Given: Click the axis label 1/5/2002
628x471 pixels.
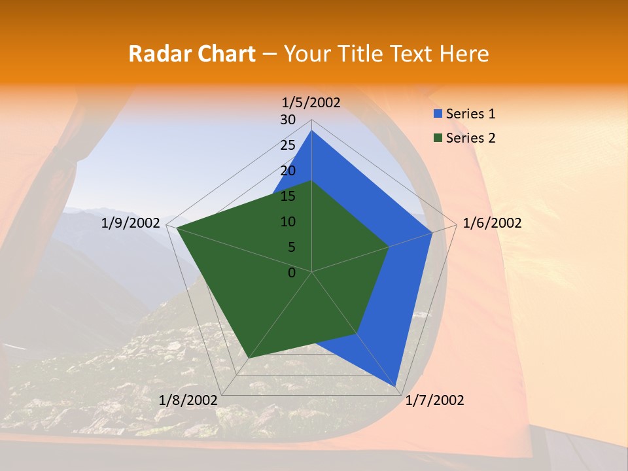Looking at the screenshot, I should (311, 103).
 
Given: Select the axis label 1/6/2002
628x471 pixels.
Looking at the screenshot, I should (492, 223).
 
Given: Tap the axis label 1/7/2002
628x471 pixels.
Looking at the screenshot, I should (434, 400).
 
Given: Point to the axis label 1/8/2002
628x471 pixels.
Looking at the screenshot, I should (188, 400).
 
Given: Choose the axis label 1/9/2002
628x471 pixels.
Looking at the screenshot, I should (131, 223).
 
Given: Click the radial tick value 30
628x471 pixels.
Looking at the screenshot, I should (288, 120).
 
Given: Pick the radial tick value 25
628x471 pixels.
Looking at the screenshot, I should (288, 145).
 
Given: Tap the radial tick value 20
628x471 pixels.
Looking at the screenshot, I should (288, 171).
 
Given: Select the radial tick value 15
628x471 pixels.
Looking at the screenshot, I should (288, 196).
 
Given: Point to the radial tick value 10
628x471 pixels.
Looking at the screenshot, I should (288, 222).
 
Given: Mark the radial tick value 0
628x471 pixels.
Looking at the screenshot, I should (292, 272).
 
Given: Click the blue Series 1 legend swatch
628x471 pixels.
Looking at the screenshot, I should (438, 114).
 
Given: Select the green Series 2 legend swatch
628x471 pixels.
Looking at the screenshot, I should (438, 138).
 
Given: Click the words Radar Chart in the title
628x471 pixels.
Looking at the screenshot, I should (192, 54).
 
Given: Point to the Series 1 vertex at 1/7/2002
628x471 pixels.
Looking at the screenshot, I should (396, 385).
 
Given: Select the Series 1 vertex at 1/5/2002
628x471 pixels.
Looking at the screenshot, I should (312, 130).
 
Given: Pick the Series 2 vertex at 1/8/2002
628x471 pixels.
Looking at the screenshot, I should (247, 358).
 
